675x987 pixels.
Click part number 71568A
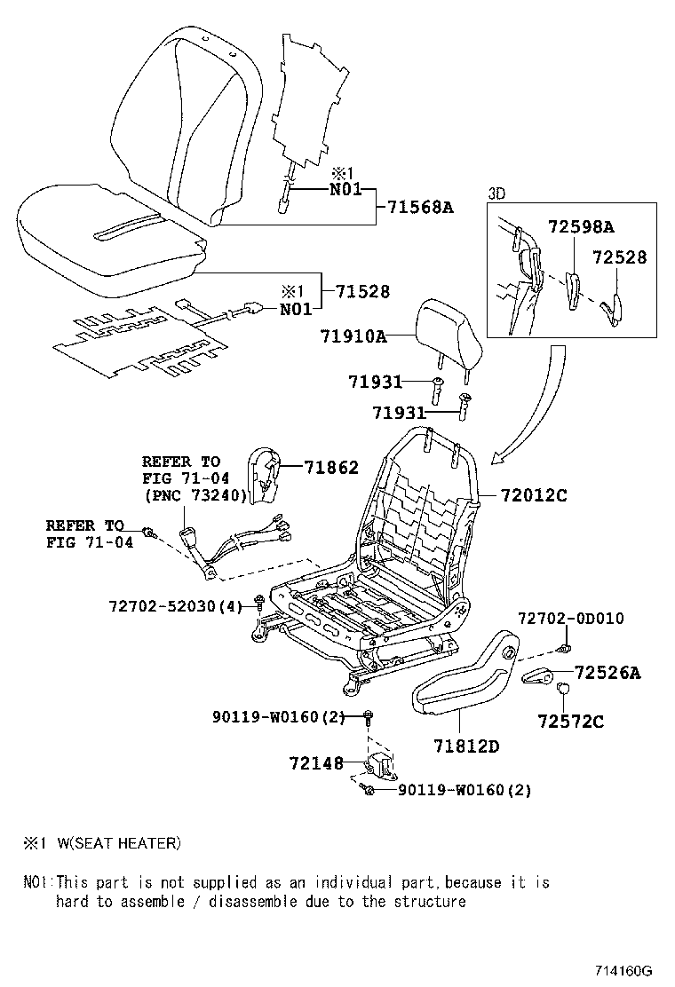(x=420, y=208)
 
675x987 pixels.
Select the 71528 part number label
(x=361, y=292)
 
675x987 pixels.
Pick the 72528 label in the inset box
(x=620, y=257)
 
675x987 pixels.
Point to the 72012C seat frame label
(x=532, y=495)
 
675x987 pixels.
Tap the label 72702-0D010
(x=571, y=618)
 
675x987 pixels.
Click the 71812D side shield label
(x=466, y=746)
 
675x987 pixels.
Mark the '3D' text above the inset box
(x=496, y=192)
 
